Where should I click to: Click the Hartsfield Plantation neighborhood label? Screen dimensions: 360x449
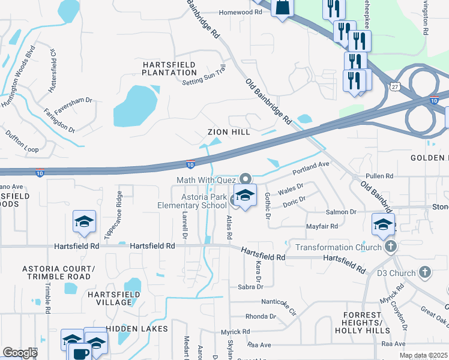(169, 68)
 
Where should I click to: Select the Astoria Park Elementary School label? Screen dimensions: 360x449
(205, 201)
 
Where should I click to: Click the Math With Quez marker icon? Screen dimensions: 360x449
(245, 179)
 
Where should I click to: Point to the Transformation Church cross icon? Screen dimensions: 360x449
(391, 247)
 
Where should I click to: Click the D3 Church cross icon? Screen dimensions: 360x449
(425, 273)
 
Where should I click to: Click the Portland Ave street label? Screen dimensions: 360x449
(311, 168)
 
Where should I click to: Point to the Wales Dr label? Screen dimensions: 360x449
(292, 190)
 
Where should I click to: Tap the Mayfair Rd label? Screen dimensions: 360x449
(322, 226)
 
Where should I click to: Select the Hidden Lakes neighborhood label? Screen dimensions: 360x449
(131, 329)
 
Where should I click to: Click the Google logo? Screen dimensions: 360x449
(20, 353)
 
